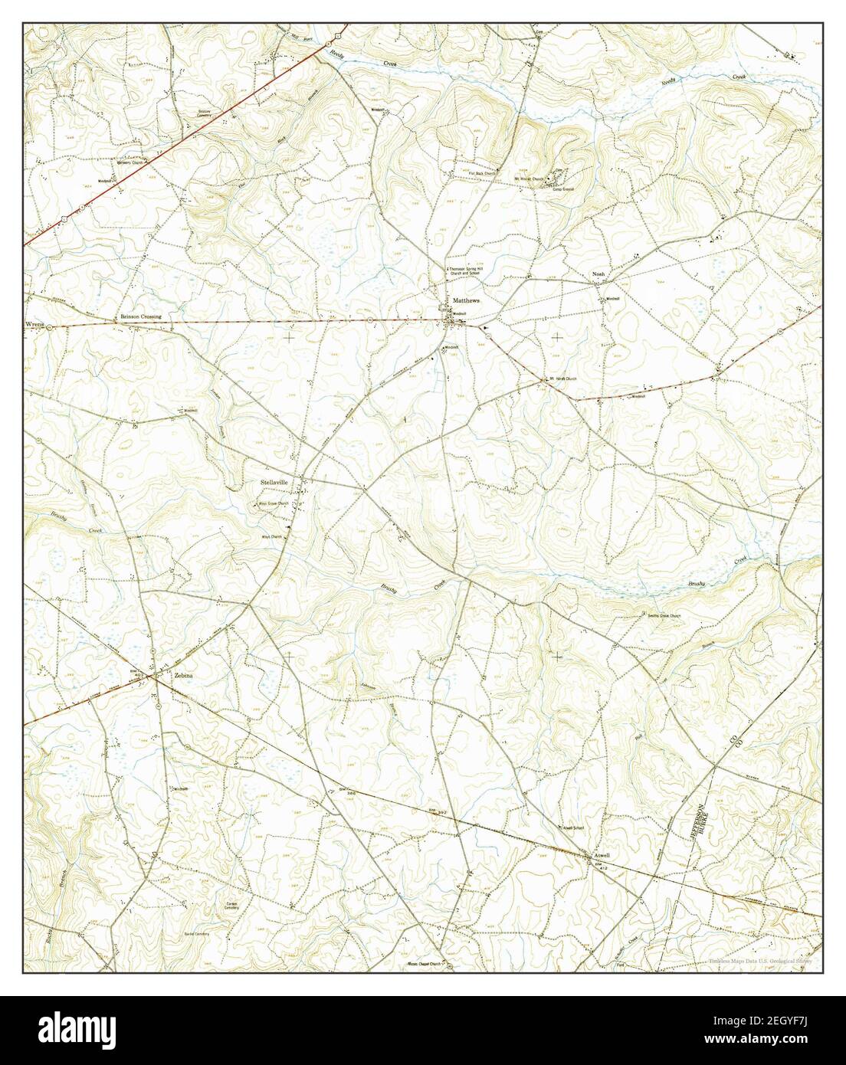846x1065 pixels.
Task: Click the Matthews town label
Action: pyautogui.click(x=466, y=300)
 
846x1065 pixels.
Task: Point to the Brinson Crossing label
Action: pyautogui.click(x=139, y=316)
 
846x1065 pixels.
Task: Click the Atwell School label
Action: pyautogui.click(x=574, y=828)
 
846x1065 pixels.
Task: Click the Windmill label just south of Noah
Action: pyautogui.click(x=613, y=299)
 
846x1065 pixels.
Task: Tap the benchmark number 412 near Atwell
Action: pyautogui.click(x=602, y=869)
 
